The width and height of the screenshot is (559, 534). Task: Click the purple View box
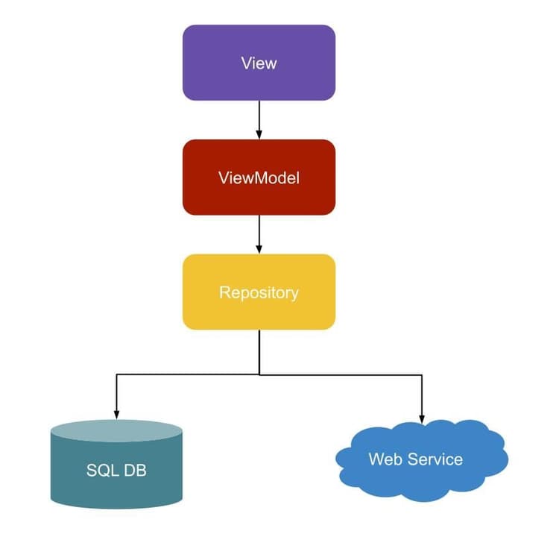(x=259, y=63)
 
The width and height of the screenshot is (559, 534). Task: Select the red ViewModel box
(x=259, y=178)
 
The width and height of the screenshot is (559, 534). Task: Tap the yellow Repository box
(x=259, y=292)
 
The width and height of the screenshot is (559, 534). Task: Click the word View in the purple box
(x=259, y=63)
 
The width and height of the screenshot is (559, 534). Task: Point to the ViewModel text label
(x=259, y=178)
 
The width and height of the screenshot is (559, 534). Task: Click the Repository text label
(x=259, y=292)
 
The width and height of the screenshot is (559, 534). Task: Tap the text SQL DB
(x=116, y=471)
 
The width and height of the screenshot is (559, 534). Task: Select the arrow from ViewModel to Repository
(x=259, y=233)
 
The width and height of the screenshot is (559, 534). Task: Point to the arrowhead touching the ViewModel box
(x=259, y=134)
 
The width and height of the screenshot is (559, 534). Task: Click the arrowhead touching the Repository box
(x=259, y=249)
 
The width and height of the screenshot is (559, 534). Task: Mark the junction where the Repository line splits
(x=259, y=374)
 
